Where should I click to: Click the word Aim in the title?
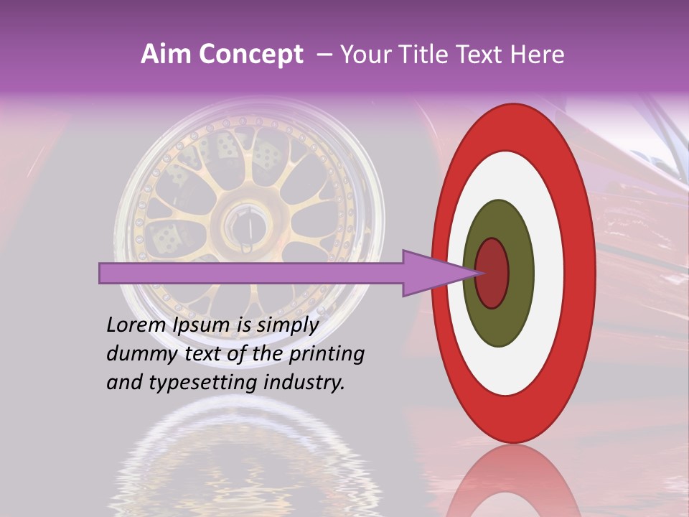click(166, 55)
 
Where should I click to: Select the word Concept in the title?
click(250, 55)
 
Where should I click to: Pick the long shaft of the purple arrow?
click(251, 273)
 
